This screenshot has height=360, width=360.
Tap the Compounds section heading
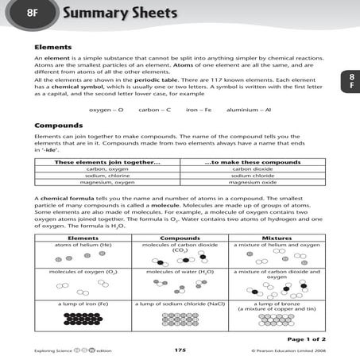click(x=59, y=126)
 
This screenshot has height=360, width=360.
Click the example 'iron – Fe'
click(x=197, y=110)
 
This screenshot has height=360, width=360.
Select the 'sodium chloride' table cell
click(x=252, y=175)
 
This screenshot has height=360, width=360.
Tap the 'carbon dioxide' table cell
click(x=252, y=168)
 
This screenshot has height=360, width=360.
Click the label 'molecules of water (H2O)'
click(x=180, y=273)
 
